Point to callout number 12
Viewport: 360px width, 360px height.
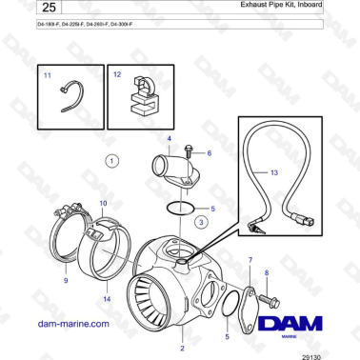coord(117,73)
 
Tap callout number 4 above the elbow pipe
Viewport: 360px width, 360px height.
coord(170,139)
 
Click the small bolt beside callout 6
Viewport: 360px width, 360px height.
coord(192,151)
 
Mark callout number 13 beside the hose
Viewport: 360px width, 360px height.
coord(273,172)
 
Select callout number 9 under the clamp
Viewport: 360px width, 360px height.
coord(66,281)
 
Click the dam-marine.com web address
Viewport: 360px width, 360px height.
coord(73,324)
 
